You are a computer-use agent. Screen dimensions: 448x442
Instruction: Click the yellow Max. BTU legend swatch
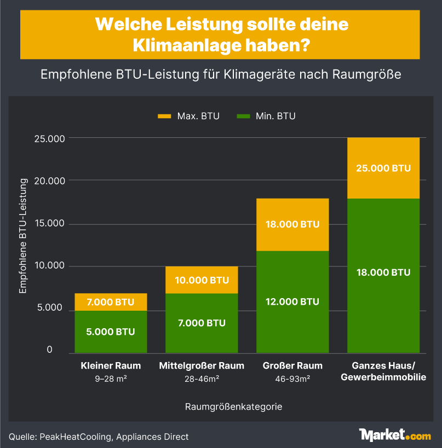pos(164,116)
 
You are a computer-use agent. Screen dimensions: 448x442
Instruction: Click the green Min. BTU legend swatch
pos(243,116)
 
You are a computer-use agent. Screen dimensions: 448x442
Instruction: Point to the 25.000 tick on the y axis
pos(50,138)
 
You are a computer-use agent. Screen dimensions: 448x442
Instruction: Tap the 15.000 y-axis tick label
pos(50,223)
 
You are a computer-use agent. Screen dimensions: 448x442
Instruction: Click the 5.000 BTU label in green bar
pos(111,331)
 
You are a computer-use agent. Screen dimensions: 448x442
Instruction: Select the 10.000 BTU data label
pos(202,280)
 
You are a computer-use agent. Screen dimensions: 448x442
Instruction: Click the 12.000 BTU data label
pos(292,301)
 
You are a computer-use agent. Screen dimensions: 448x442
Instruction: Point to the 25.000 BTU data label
pos(383,168)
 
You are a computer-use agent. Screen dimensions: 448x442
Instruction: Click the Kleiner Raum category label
pos(111,365)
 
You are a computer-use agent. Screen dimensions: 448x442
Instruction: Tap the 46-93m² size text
pos(292,378)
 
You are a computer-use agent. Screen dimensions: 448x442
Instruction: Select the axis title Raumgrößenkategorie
pos(234,407)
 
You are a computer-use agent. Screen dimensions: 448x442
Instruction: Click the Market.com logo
pos(394,435)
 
